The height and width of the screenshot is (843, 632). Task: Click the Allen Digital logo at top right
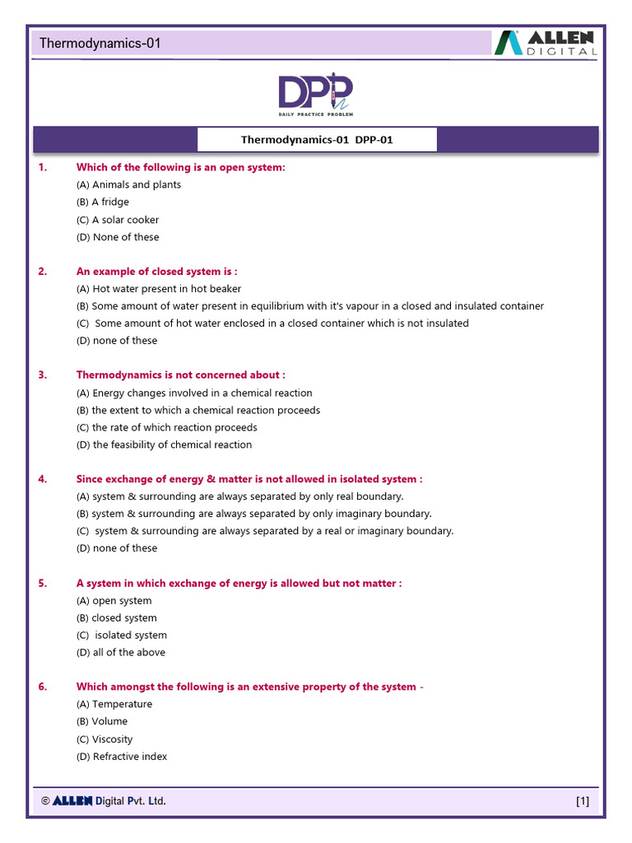546,43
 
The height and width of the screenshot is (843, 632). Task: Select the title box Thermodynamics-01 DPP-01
317,140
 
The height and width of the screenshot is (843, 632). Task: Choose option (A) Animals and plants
128,185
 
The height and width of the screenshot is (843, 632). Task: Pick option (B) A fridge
103,203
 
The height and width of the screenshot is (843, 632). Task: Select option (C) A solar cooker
118,220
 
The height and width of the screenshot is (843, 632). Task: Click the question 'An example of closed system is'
156,271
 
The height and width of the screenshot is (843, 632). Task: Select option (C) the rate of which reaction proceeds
166,427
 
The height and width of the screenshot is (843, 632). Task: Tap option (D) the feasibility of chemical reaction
164,445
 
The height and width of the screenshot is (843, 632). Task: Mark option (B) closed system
116,617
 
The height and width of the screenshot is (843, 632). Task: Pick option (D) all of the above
121,652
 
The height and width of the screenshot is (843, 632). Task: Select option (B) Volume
102,721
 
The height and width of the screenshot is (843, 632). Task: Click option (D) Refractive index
122,757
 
